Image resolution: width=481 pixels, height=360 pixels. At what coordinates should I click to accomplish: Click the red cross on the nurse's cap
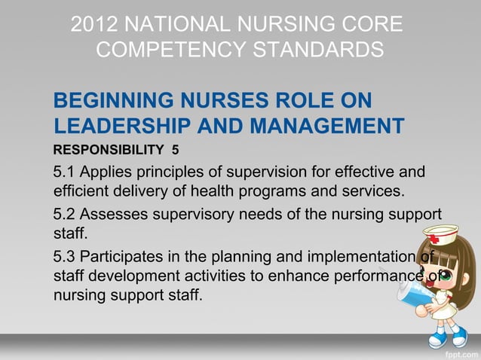click(439, 232)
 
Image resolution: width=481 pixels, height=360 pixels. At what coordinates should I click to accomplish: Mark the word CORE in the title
click(369, 23)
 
